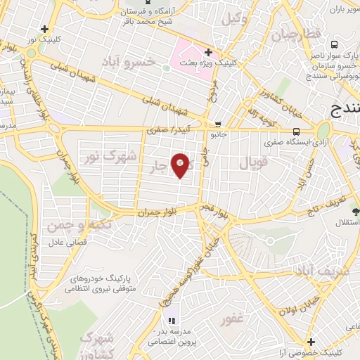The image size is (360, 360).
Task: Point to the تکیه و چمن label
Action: pos(70,226)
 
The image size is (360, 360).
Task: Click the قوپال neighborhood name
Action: pos(253,163)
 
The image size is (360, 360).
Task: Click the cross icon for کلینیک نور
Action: pos(45,30)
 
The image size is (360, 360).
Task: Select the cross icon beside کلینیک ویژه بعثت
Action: pos(208,52)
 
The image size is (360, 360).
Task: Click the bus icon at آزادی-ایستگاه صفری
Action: pos(296,131)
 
